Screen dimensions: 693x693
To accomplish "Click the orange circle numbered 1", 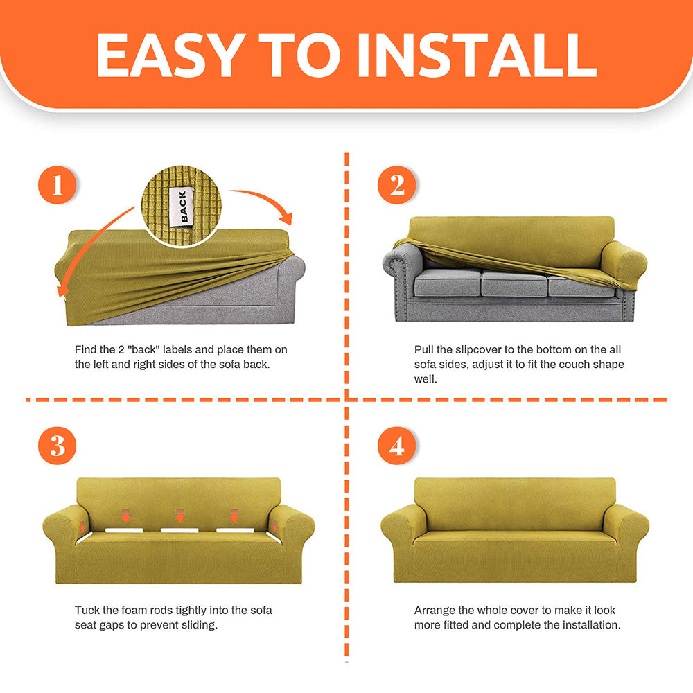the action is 57,185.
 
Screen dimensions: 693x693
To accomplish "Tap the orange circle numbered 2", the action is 396,185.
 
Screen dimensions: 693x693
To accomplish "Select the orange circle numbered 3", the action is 57,445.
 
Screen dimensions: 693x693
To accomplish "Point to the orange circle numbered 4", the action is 396,445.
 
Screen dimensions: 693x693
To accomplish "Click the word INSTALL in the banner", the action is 477,55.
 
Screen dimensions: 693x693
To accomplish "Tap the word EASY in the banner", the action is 170,55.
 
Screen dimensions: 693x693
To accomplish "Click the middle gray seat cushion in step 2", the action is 514,283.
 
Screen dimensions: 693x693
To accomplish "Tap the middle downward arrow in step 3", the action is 180,516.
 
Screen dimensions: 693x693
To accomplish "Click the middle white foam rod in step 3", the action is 179,530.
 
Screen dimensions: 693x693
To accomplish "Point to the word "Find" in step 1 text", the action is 85,349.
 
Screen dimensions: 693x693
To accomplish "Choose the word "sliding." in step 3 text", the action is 200,625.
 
